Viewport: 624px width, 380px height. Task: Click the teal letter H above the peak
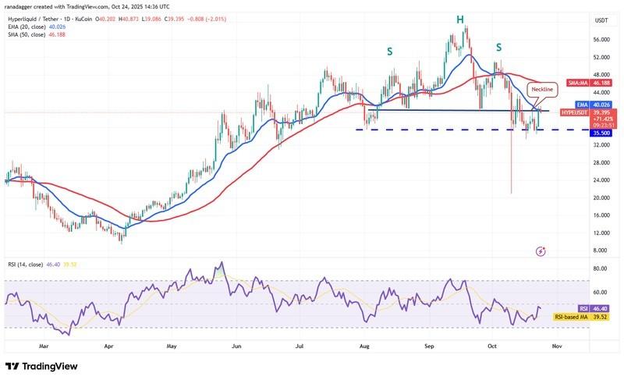(x=459, y=19)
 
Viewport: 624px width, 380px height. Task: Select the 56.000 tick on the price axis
(x=601, y=40)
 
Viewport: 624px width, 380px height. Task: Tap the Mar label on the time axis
(x=44, y=345)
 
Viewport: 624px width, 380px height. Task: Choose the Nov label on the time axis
(x=556, y=345)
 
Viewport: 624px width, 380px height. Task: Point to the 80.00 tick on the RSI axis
(x=601, y=268)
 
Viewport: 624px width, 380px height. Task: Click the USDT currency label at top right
(x=601, y=20)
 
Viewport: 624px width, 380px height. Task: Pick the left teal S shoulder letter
(x=389, y=51)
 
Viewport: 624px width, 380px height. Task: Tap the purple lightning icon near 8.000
(x=541, y=251)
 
